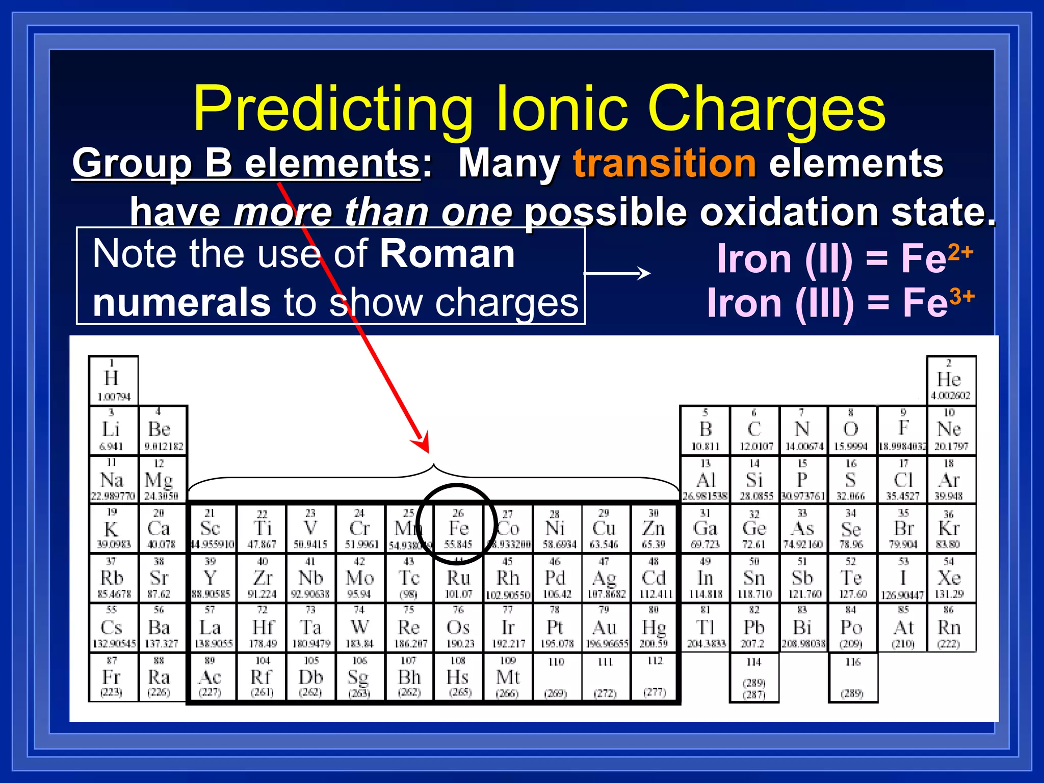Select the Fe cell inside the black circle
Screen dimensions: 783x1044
coord(458,529)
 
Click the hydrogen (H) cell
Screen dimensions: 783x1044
coord(113,380)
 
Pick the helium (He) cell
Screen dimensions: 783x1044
coord(950,380)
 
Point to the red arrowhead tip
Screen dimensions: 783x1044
coord(427,452)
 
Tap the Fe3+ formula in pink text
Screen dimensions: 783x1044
coord(938,302)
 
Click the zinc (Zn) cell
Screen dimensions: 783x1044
coord(654,529)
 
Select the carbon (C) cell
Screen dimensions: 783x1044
coord(754,430)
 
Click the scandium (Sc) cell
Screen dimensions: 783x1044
coord(211,529)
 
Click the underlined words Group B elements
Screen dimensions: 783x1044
coord(246,163)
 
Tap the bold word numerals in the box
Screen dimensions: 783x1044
coord(181,302)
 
